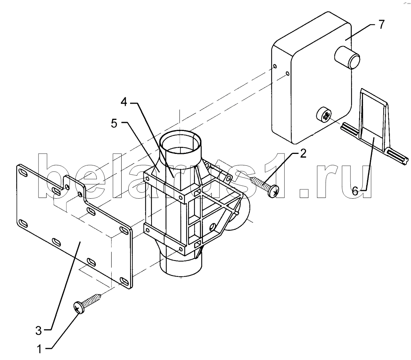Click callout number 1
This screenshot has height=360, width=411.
pos(39,349)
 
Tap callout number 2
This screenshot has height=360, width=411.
pos(303,154)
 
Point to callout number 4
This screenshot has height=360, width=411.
pos(124,102)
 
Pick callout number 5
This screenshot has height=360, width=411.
pos(114,123)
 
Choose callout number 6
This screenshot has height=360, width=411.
pos(355,191)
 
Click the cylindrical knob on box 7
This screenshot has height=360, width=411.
pos(347,57)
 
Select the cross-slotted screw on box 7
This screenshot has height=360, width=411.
pos(324,115)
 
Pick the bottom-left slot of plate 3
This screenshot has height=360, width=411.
pos(23,224)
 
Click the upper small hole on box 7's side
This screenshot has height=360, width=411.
pos(275,66)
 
